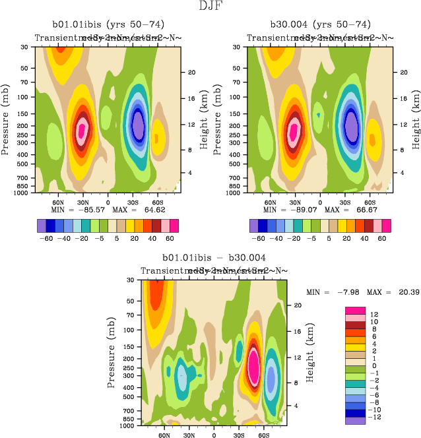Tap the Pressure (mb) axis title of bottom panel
[108, 352]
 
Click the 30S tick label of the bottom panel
[238, 436]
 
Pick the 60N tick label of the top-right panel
[269, 203]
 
